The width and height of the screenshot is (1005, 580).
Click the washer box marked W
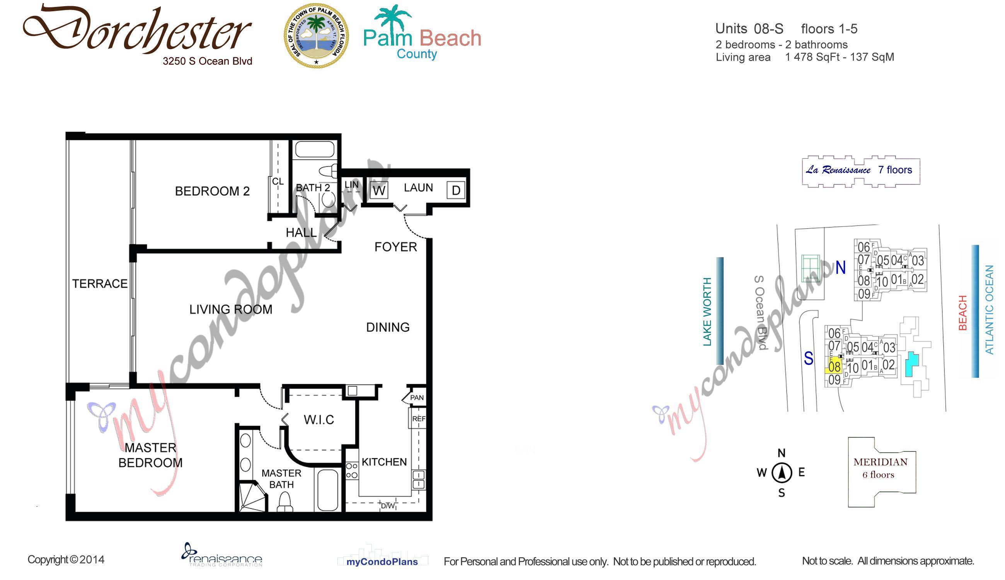(379, 190)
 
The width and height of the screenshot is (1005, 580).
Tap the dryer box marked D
(455, 190)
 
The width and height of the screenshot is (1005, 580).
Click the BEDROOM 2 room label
(212, 191)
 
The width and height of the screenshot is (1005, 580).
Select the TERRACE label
(100, 284)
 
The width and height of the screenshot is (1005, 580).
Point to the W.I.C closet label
(319, 420)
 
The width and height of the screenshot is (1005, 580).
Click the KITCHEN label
(384, 462)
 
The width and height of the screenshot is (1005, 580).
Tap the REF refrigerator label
(419, 419)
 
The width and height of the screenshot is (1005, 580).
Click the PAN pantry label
(417, 397)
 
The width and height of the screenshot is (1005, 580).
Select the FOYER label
(395, 247)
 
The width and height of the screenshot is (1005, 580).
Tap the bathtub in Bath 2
(315, 150)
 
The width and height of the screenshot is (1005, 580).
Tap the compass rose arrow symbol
(782, 473)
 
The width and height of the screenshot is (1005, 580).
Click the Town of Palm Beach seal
(316, 36)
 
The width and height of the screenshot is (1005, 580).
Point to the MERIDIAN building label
(880, 462)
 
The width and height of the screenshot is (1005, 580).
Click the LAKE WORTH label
(707, 312)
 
